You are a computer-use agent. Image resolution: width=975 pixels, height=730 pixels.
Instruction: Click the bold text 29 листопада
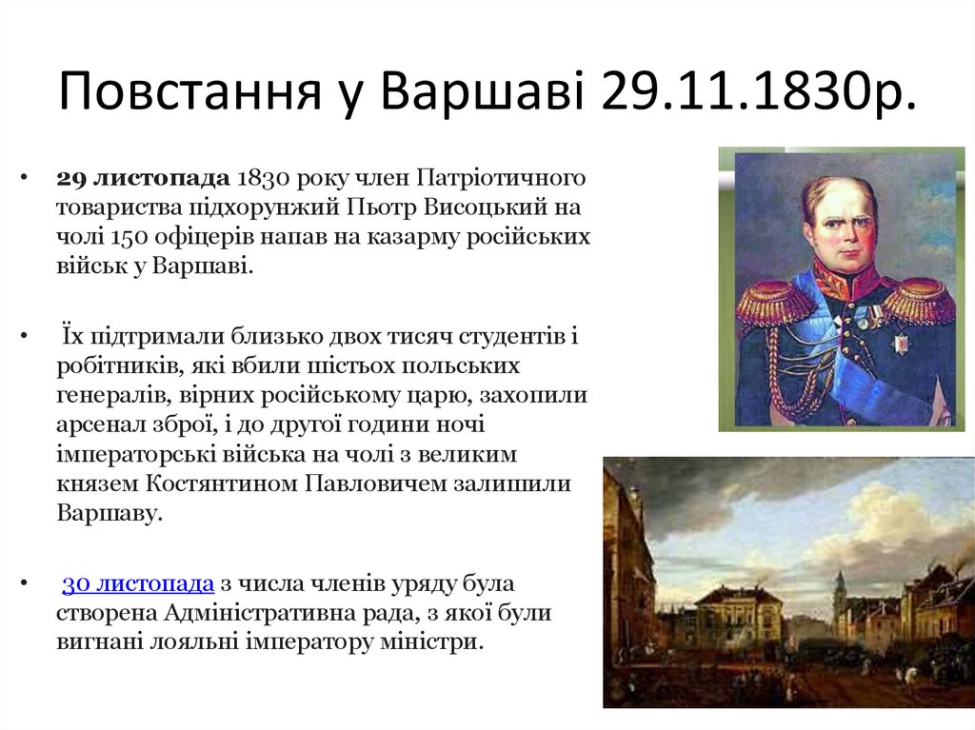(x=143, y=179)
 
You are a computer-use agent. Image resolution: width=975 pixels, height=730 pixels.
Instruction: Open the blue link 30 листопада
(x=138, y=583)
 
